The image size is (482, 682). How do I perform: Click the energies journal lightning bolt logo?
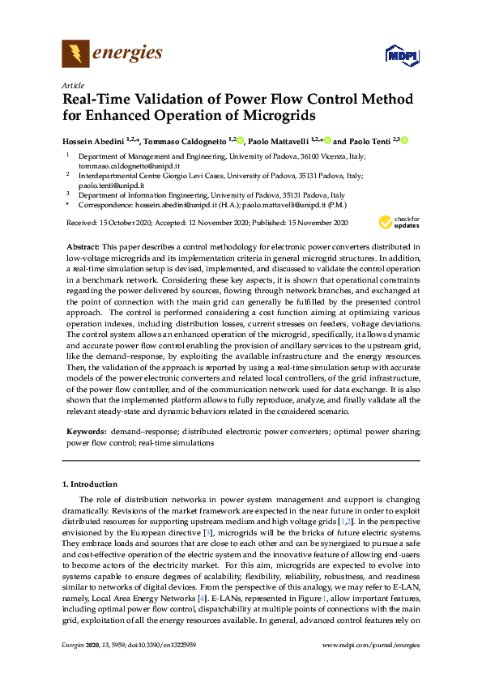pos(75,53)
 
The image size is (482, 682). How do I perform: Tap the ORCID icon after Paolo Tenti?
pos(404,140)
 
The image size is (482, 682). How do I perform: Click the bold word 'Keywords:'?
pos(84,433)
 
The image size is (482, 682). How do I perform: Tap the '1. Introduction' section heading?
pos(90,484)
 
